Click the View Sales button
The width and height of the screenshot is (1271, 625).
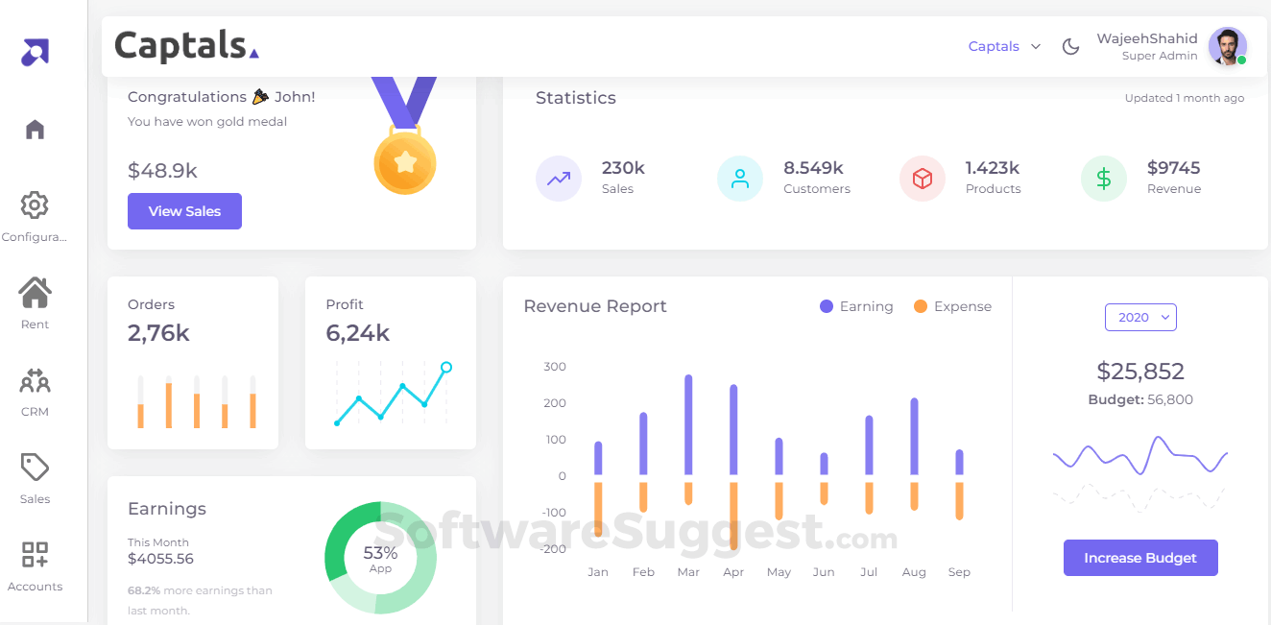184,211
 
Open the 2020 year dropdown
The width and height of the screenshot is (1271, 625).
1140,318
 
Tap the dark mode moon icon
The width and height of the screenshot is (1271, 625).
1070,46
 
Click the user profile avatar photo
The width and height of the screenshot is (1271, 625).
1226,46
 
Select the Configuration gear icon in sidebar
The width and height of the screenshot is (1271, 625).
35,204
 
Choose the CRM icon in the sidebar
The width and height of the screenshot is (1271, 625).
35,382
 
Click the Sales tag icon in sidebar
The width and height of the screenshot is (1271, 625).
35,468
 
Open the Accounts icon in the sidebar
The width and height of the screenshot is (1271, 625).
35,555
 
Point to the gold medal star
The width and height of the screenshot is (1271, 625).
405,162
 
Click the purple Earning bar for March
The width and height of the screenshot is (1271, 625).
688,423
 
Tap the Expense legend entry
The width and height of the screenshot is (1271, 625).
952,306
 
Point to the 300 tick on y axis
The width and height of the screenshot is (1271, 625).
555,367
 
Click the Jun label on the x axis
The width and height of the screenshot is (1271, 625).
824,572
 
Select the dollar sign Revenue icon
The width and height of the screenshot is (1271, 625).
1104,179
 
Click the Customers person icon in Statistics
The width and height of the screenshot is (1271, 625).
740,179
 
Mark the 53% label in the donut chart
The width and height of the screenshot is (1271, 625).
380,553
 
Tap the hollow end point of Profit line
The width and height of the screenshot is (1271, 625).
446,367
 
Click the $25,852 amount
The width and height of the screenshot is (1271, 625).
1140,372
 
